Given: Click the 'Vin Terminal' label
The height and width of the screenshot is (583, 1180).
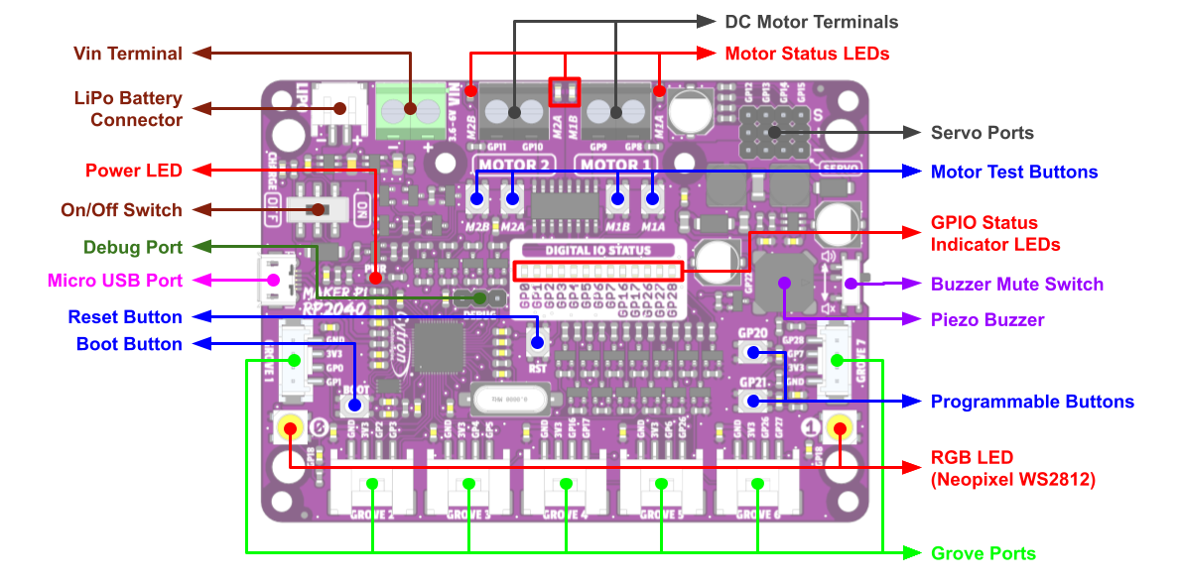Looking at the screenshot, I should [128, 54].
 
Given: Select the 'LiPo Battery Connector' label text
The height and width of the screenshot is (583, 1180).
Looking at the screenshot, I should [129, 109].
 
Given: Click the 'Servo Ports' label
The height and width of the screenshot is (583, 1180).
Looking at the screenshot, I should [982, 133].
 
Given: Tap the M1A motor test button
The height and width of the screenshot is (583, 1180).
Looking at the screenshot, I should [652, 198].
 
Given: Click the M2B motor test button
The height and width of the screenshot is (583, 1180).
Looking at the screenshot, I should [477, 198].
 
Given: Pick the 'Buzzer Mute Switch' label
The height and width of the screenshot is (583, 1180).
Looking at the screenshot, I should [1016, 285].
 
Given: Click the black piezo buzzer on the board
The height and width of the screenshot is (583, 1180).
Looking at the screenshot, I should [784, 283].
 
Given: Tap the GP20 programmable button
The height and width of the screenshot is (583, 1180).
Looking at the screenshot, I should [752, 352].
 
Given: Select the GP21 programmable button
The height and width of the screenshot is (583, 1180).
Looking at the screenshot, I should [752, 401].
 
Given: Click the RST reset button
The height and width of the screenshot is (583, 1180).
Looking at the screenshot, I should [537, 342].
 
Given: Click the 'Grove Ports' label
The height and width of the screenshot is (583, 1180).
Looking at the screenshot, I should [983, 553].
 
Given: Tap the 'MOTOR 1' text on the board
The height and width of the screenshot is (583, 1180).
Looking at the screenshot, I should [616, 165].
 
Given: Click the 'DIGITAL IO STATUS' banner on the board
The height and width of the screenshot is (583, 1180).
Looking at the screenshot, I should [597, 250].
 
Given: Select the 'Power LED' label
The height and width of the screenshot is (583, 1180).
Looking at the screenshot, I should [134, 171].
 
